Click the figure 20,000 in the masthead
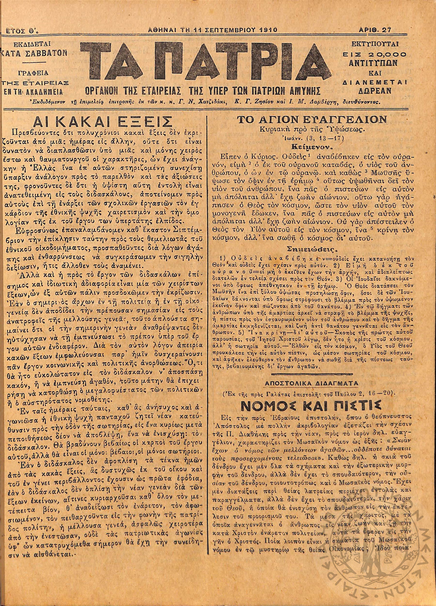tap(389, 55)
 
